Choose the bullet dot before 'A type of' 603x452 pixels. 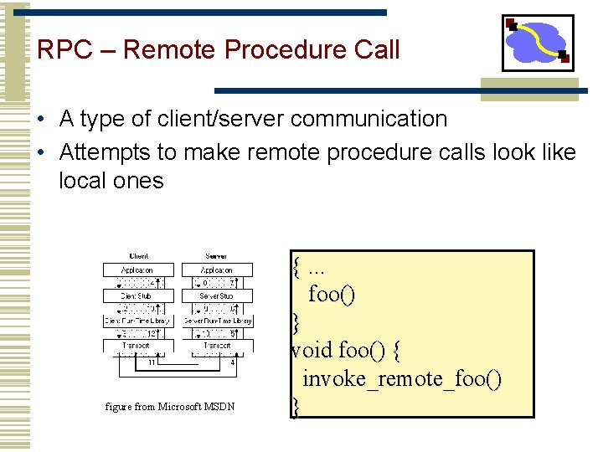click(x=41, y=120)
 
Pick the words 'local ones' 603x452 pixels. click(x=111, y=180)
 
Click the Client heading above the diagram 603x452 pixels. click(x=138, y=256)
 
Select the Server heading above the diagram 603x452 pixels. click(x=216, y=256)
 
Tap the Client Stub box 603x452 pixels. click(x=138, y=295)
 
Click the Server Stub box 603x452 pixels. click(x=216, y=295)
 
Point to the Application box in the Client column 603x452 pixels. click(x=138, y=270)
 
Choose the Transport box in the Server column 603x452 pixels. click(x=216, y=345)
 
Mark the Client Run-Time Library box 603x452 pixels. click(x=138, y=321)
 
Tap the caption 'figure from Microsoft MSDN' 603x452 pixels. click(x=170, y=407)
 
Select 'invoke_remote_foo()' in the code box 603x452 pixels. click(x=402, y=379)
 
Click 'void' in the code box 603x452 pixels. click(x=312, y=349)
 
